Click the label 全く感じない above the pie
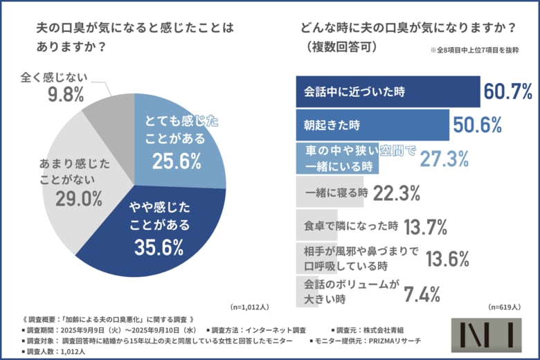pyautogui.click(x=60, y=74)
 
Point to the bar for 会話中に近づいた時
pyautogui.click(x=388, y=91)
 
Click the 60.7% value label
pyautogui.click(x=507, y=91)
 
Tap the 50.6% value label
pyautogui.click(x=477, y=125)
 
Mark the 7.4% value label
pyautogui.click(x=422, y=294)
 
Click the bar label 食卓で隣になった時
pyautogui.click(x=351, y=226)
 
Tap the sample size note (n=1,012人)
pyautogui.click(x=249, y=307)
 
